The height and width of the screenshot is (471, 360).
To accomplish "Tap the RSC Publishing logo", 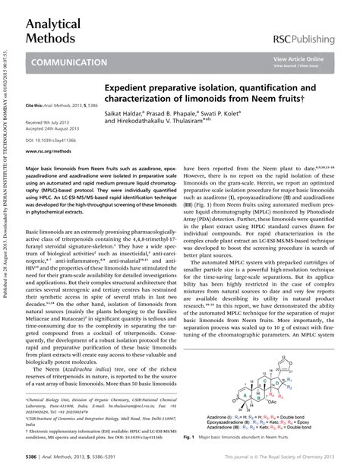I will point(312,38).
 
